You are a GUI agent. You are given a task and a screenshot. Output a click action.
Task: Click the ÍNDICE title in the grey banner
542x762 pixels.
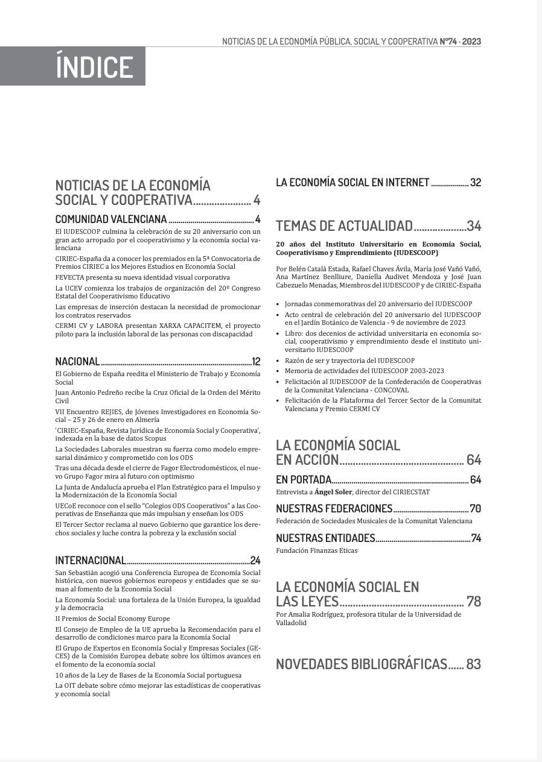tap(94, 66)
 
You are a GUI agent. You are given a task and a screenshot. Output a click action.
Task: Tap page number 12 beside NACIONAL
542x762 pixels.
tap(256, 362)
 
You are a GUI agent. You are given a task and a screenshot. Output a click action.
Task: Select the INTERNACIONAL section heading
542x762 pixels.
tap(91, 561)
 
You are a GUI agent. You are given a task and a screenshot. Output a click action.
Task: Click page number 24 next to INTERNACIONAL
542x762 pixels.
tap(255, 561)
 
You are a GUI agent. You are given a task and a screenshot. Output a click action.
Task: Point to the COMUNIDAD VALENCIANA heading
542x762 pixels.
tap(111, 219)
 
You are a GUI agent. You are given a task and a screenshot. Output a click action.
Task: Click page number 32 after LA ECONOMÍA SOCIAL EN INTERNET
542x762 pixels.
tap(476, 183)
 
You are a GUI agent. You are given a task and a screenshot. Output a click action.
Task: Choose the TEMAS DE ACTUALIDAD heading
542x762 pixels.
tap(344, 226)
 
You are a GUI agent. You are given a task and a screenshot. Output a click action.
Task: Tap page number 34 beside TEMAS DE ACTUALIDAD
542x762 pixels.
tap(474, 226)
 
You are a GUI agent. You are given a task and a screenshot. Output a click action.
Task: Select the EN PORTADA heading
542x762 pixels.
tap(304, 480)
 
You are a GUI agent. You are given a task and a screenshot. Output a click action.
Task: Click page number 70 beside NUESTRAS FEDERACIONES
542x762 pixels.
tap(476, 509)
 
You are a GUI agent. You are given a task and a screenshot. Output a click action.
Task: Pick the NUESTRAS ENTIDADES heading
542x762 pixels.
tap(325, 538)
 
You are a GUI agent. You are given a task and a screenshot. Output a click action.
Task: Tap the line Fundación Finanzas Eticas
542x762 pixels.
tap(316, 550)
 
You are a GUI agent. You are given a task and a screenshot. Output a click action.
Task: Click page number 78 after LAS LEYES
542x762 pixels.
tap(474, 601)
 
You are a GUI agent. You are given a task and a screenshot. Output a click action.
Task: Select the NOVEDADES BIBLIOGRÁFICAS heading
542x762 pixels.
tap(361, 664)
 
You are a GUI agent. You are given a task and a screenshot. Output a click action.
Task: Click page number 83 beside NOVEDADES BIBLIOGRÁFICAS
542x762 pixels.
tap(474, 664)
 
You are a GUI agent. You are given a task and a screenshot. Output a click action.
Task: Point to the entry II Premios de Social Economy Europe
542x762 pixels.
tap(112, 619)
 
